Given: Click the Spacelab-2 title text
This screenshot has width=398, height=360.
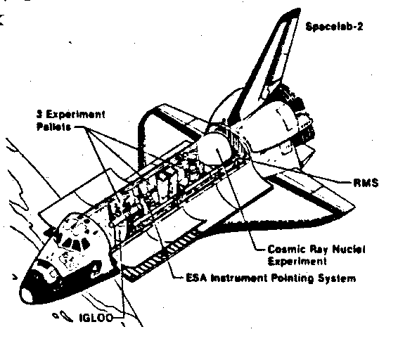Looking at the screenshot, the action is tap(334, 27).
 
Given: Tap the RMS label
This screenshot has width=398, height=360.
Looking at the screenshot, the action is tap(366, 183).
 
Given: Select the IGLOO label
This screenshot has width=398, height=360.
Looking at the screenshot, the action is tap(96, 318).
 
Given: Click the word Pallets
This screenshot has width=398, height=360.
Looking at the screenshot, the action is tap(54, 127).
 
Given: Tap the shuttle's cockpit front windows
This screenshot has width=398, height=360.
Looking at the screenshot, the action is tap(75, 244).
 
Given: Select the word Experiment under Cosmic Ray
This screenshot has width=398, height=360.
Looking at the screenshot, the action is tap(297, 262).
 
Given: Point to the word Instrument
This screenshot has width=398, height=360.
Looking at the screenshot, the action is tap(239, 278).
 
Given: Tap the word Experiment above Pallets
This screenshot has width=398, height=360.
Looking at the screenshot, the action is tap(75, 115).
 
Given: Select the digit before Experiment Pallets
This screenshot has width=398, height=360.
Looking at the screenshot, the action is tap(39, 114).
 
